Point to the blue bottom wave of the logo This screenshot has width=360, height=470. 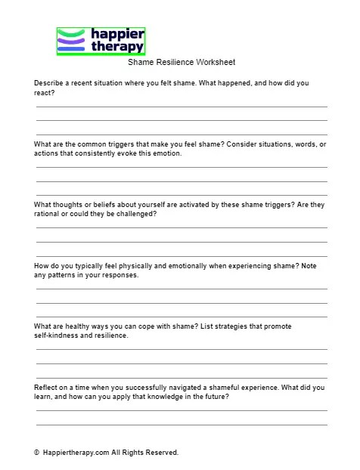point(73,49)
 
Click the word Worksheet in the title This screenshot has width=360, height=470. point(215,63)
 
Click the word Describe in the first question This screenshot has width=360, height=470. point(49,83)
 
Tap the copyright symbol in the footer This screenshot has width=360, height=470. point(36,453)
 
